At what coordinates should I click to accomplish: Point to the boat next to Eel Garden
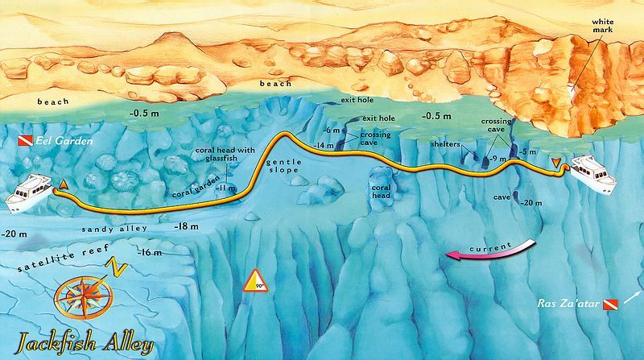[x=31, y=192]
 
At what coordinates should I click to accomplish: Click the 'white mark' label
[x=602, y=25]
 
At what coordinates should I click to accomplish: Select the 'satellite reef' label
[x=54, y=257]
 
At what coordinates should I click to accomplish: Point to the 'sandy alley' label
[x=114, y=229]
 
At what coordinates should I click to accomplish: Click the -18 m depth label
[x=186, y=227]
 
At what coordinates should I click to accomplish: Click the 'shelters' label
[x=444, y=144]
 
